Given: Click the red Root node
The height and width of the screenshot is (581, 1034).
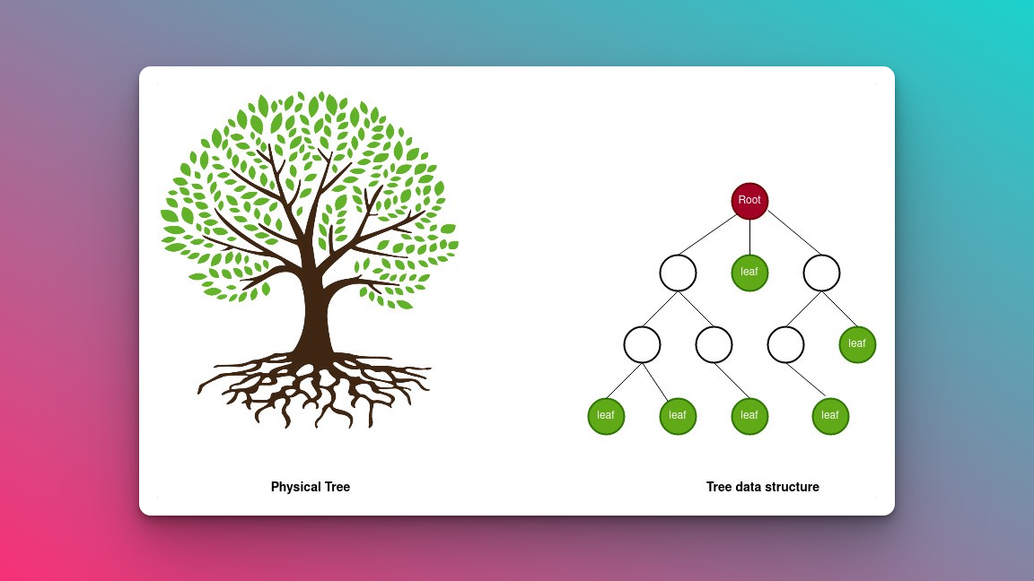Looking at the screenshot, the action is tap(749, 201).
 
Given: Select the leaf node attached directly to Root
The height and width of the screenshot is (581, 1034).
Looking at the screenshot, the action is tap(749, 273).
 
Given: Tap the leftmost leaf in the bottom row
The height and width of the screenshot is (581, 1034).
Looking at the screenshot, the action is tap(606, 416).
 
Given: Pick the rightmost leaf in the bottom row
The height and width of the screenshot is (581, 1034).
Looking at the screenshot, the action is tap(830, 416).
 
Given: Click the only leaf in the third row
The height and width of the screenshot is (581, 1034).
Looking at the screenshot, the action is tap(857, 344).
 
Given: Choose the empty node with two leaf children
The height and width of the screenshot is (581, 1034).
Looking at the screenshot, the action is tap(643, 344).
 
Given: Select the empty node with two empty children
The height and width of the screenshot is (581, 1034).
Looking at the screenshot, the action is tap(678, 273).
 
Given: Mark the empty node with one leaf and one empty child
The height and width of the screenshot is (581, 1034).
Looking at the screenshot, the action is tap(821, 273).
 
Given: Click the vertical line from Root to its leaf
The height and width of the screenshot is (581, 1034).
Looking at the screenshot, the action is tap(749, 237).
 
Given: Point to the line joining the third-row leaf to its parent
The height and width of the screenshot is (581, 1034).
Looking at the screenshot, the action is tap(839, 308).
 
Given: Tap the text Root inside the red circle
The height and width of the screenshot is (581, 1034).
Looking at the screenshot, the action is tap(749, 200).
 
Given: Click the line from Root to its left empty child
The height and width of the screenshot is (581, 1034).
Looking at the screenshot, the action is tap(708, 234).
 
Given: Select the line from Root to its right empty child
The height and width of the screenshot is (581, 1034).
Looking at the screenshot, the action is tap(793, 232).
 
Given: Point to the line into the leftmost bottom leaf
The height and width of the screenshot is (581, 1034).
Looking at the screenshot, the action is tap(624, 381).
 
